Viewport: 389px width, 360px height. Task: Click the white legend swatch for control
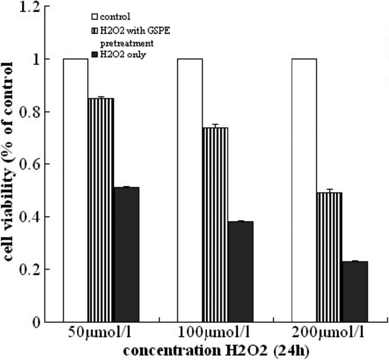click(x=95, y=17)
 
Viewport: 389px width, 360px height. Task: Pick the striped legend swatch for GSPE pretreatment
click(x=95, y=30)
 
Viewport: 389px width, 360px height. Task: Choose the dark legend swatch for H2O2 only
click(x=95, y=54)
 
